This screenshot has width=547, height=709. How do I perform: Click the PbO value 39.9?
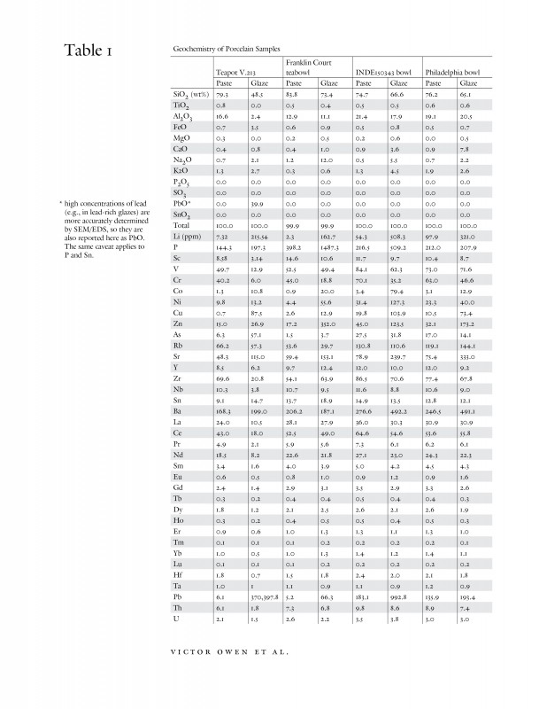click(x=258, y=203)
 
